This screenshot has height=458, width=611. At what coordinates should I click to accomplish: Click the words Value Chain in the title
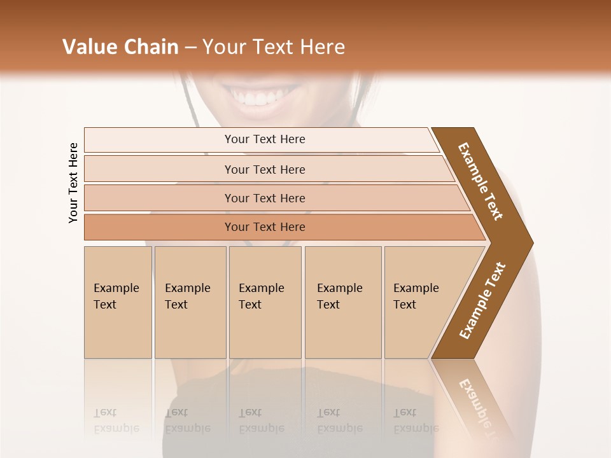click(x=120, y=47)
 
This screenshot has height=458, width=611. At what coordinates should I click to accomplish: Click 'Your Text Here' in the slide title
click(x=274, y=47)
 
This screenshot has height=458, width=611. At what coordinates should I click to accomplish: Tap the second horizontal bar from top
click(x=265, y=169)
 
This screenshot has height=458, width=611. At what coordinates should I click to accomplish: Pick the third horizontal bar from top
click(x=265, y=198)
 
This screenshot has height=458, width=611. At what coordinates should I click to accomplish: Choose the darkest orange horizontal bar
click(x=265, y=227)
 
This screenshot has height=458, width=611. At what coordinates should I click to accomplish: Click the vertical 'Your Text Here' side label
click(x=73, y=183)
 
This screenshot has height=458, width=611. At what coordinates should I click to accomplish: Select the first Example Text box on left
click(x=118, y=302)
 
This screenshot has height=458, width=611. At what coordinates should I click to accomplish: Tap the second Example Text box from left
click(x=190, y=302)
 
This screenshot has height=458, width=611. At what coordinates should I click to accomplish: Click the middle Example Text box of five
click(x=265, y=302)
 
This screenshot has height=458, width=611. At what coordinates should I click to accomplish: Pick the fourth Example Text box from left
click(x=342, y=302)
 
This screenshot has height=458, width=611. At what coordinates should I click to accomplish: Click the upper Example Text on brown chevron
click(x=481, y=181)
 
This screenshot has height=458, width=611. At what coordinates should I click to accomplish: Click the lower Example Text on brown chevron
click(x=482, y=301)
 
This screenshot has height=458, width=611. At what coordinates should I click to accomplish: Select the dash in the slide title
click(x=190, y=48)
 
